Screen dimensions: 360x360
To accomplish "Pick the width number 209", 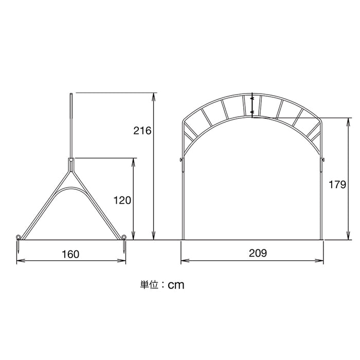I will pyautogui.click(x=257, y=253).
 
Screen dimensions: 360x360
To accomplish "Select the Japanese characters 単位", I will pyautogui.click(x=149, y=283).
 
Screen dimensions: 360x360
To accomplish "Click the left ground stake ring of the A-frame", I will pyautogui.click(x=19, y=237).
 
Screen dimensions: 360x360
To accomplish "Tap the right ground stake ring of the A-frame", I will pyautogui.click(x=124, y=237).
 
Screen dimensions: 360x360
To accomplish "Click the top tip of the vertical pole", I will pyautogui.click(x=71, y=94).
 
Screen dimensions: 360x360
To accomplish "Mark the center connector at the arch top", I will pyautogui.click(x=253, y=104).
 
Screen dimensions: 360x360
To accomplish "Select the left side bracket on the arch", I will pyautogui.click(x=181, y=161).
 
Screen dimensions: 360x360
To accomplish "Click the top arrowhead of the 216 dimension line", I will pyautogui.click(x=153, y=95).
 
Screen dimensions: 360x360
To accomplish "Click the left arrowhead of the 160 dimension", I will pyautogui.click(x=19, y=261).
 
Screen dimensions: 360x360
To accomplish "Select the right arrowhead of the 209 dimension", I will pyautogui.click(x=321, y=261).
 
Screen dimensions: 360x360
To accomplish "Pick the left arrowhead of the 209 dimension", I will pyautogui.click(x=183, y=261).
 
